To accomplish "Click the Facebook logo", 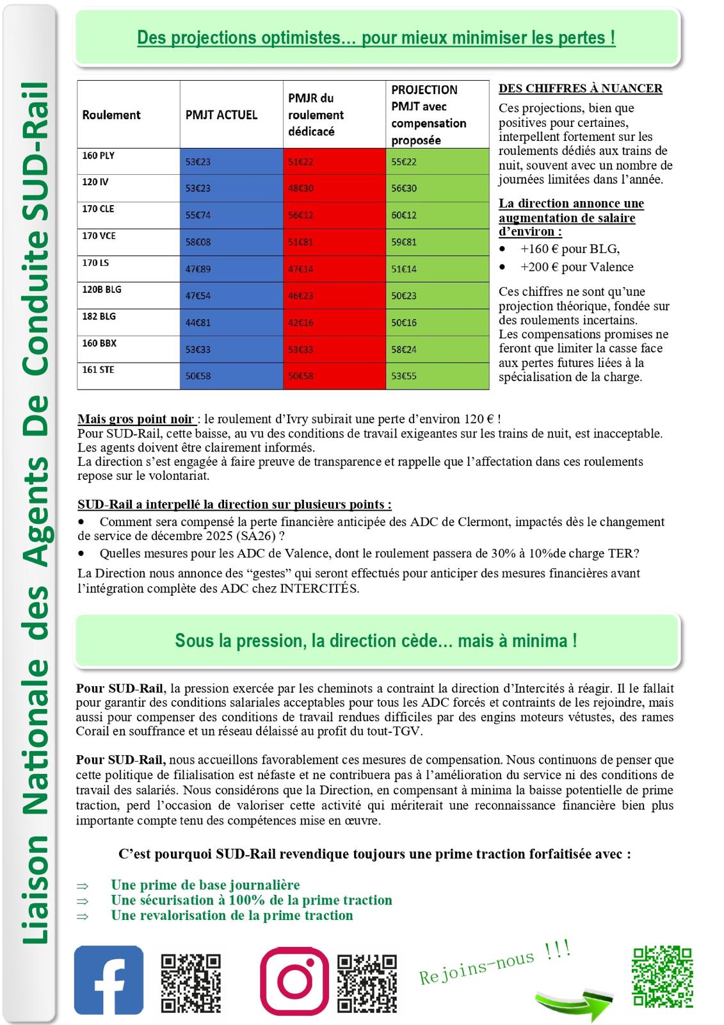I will [x=109, y=980].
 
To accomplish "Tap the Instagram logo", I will [x=294, y=981].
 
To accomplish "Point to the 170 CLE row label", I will [x=99, y=209].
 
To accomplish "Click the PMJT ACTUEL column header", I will [x=221, y=115].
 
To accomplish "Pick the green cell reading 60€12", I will [x=404, y=215].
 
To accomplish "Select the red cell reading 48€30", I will [x=301, y=188].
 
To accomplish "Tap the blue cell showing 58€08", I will [x=198, y=242].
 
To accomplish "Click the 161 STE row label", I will [x=98, y=370].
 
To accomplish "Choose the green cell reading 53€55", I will [x=404, y=376].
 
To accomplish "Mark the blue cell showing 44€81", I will [x=198, y=323].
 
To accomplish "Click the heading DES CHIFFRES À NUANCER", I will [x=580, y=89].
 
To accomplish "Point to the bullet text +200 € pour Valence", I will [x=576, y=267].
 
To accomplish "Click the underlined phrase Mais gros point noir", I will [x=136, y=419].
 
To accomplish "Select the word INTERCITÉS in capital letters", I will [x=319, y=588].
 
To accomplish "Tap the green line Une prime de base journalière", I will [x=205, y=885].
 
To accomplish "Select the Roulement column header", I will [x=111, y=115].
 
